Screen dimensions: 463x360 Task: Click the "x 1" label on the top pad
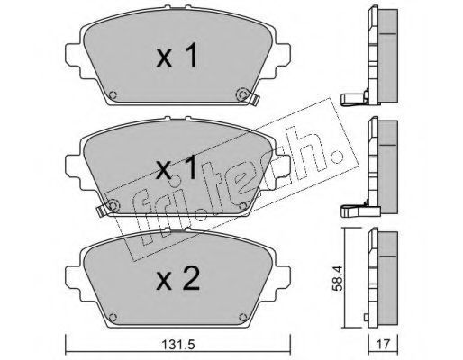[177, 55]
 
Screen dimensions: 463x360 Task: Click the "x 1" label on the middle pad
[177, 167]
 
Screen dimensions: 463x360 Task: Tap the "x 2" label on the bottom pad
[177, 279]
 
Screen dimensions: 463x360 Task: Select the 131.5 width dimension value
[178, 345]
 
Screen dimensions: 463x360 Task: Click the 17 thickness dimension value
[384, 345]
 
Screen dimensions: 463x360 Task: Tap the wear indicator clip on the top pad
[254, 99]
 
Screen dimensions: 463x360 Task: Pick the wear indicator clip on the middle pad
[102, 211]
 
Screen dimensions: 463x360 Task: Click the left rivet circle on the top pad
[113, 94]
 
